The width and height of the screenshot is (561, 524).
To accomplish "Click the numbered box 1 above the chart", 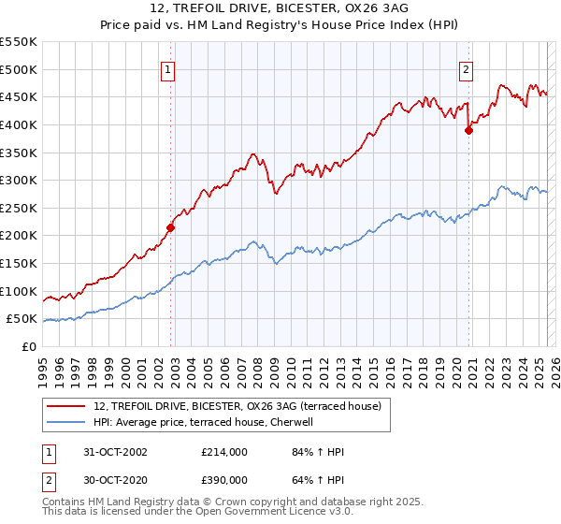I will (167, 68).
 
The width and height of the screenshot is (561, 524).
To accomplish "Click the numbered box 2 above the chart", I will (466, 68).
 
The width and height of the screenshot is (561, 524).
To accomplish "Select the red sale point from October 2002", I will (171, 226).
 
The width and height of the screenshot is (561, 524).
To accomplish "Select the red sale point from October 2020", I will (468, 130).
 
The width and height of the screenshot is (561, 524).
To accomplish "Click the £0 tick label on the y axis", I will (29, 346).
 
